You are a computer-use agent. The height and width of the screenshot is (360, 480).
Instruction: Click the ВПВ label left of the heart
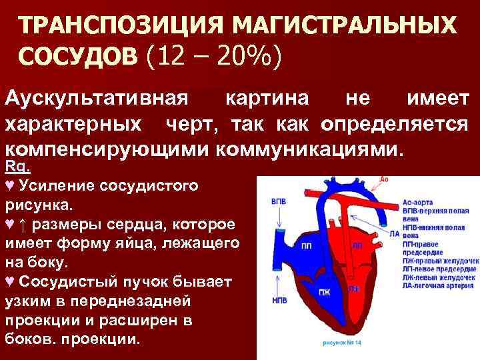tap(279, 201)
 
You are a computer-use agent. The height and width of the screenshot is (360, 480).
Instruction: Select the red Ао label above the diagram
tap(383, 179)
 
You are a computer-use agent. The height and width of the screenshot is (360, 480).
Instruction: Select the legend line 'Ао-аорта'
tap(420, 201)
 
